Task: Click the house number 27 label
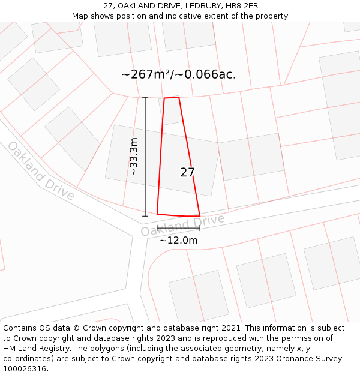click(187, 173)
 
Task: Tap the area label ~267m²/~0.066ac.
click(178, 74)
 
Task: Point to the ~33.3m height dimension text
click(134, 156)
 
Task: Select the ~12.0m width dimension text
click(178, 240)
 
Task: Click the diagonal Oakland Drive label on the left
click(41, 171)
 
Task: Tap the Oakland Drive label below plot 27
click(182, 224)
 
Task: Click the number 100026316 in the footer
click(25, 369)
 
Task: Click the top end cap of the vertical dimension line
click(145, 97)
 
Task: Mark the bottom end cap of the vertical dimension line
click(145, 216)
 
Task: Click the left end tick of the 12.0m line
click(157, 228)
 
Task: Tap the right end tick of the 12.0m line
click(200, 228)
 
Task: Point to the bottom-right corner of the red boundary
click(200, 216)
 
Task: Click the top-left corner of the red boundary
click(164, 98)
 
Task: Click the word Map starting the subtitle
click(80, 16)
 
